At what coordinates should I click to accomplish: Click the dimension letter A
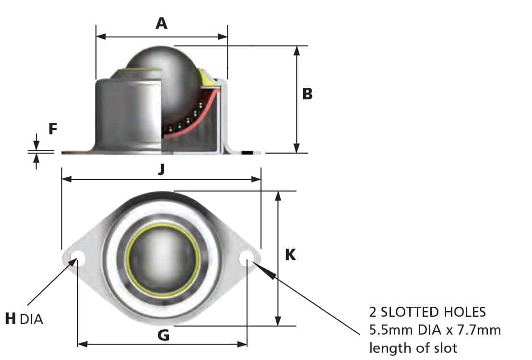click(x=162, y=23)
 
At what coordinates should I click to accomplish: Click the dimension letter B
click(x=307, y=94)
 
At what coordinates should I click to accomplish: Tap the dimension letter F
click(x=53, y=129)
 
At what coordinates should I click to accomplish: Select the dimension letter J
click(x=162, y=169)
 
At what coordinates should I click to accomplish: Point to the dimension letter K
click(x=290, y=254)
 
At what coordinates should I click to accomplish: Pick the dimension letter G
click(x=163, y=335)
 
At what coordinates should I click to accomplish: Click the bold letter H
click(x=11, y=318)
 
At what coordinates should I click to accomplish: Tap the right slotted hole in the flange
click(x=247, y=258)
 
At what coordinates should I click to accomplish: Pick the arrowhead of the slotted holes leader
click(x=267, y=272)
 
